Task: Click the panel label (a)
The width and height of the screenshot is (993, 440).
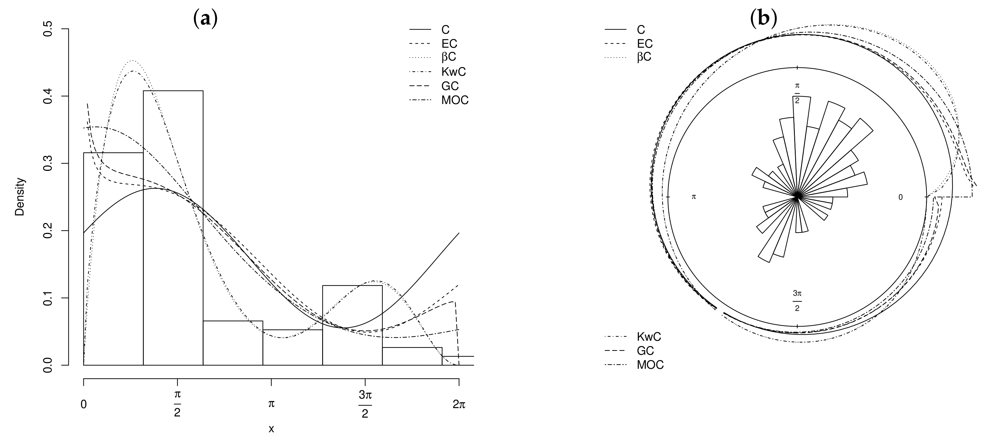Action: coord(205,18)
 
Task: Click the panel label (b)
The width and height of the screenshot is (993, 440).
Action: coord(763,18)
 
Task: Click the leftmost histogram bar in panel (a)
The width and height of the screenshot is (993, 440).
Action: coord(113,259)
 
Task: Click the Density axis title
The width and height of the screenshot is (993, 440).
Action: coord(20,197)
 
